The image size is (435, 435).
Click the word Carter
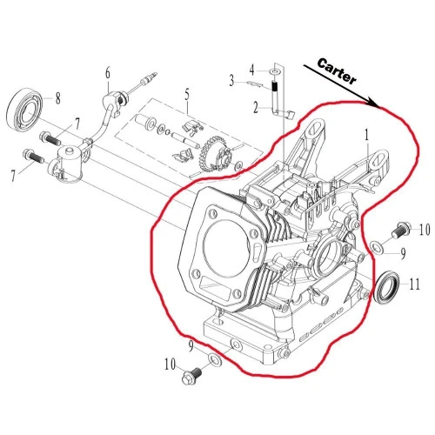pos(334,77)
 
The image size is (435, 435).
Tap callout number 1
pos(368,136)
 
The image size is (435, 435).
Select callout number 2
pos(256,108)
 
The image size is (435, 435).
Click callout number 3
pos(232,81)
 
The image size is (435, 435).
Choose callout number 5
pos(186,94)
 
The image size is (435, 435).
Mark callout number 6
pos(108,72)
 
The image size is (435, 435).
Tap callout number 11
pos(415,283)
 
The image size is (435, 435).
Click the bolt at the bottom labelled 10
pos(191,378)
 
